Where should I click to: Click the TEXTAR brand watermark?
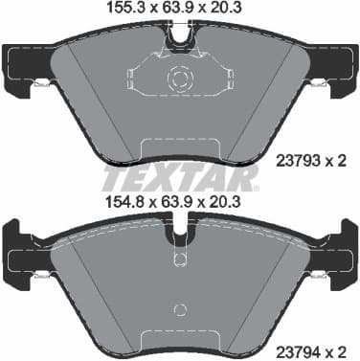(x=179, y=178)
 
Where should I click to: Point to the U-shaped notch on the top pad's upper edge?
(x=179, y=38)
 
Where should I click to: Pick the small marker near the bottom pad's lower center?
(x=179, y=310)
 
